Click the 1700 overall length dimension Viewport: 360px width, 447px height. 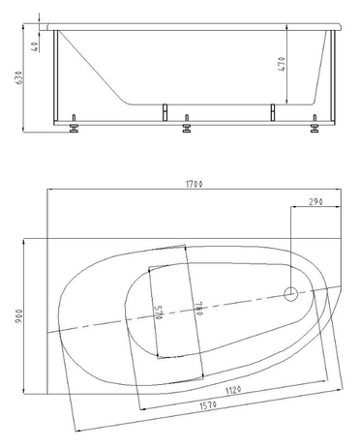point(195,184)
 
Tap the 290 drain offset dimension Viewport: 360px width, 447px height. point(315,202)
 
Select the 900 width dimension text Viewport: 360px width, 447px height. point(19,315)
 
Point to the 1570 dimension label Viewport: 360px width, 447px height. point(208,405)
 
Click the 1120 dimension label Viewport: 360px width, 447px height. point(233,390)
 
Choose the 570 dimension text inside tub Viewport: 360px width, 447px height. point(159,313)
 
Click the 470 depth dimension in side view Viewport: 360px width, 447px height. point(282,64)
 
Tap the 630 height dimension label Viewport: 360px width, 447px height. point(19,77)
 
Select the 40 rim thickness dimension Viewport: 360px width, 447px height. point(36,46)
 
